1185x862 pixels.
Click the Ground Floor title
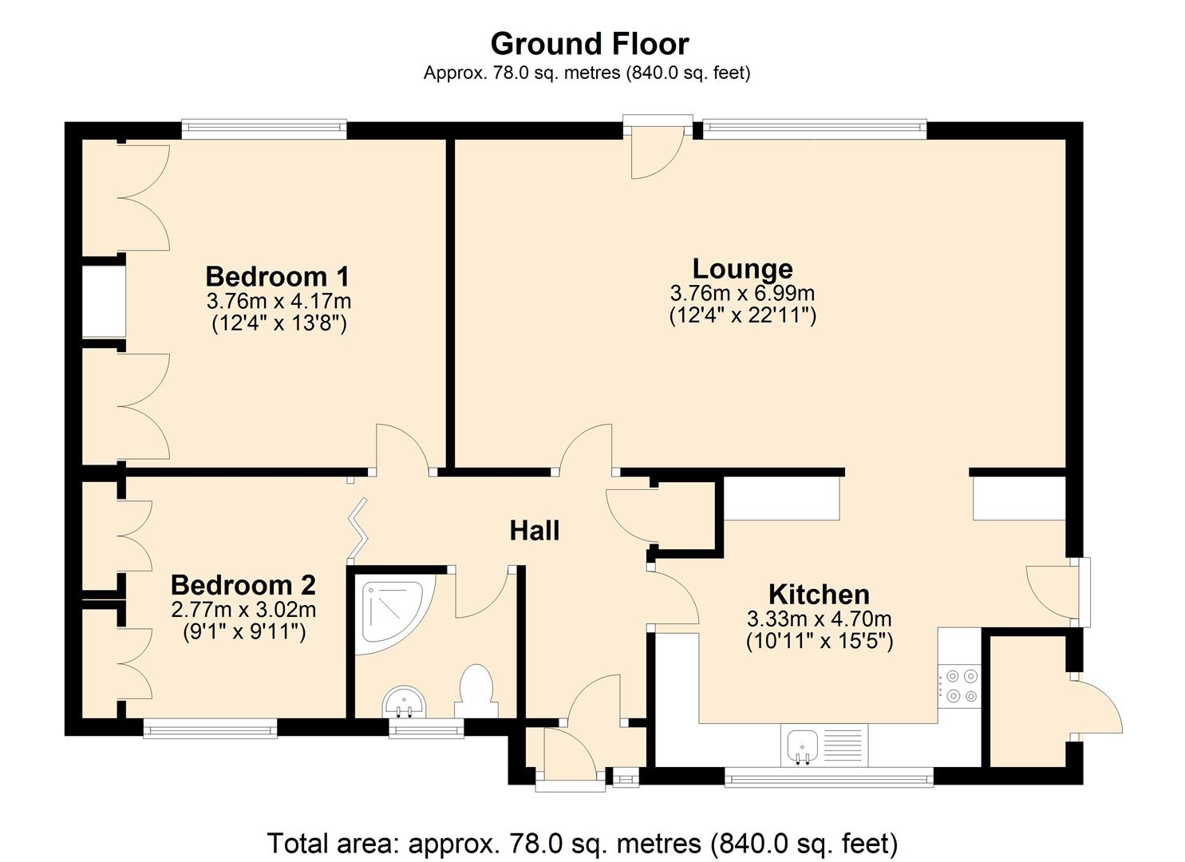589,43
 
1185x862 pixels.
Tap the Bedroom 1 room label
277,276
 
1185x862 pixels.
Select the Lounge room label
742,268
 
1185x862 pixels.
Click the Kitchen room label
819,594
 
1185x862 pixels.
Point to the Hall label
534,530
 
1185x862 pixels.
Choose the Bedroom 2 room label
243,585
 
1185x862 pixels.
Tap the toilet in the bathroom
476,691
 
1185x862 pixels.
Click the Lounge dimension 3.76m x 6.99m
742,293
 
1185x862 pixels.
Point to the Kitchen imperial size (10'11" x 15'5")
819,640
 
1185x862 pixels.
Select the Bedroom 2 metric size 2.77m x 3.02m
243,610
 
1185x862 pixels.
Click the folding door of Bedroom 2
357,528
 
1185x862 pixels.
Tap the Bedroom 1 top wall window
263,129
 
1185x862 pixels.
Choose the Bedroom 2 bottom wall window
210,727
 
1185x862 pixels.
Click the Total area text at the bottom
582,843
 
